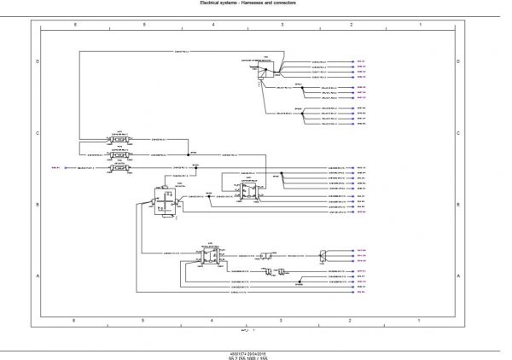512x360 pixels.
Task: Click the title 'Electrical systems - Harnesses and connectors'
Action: pos(255,3)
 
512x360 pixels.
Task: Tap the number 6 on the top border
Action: pos(75,26)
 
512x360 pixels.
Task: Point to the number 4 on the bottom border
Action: pos(212,319)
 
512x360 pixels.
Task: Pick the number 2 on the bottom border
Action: pos(351,319)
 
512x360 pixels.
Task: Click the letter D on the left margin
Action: pos(36,62)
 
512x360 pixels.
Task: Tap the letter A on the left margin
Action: pos(36,276)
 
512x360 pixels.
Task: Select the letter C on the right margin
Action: pos(460,134)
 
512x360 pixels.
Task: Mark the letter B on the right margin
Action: pos(460,206)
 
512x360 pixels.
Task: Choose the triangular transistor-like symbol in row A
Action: pos(323,253)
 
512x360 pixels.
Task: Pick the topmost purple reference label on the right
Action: pos(361,61)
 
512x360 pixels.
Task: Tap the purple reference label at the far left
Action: pos(56,168)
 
